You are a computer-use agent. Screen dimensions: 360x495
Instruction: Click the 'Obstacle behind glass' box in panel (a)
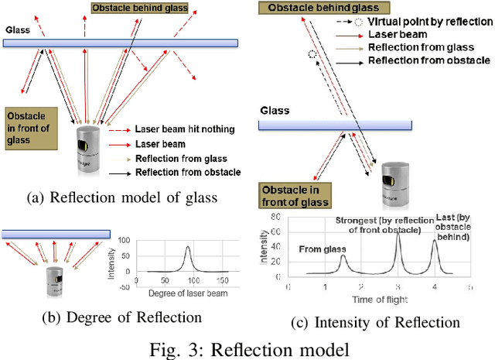click(139, 8)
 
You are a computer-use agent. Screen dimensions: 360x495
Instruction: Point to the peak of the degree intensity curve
click(188, 247)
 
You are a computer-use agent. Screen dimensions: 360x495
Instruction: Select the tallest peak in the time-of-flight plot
click(398, 235)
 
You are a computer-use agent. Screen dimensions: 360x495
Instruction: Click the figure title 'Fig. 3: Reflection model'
click(247, 346)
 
